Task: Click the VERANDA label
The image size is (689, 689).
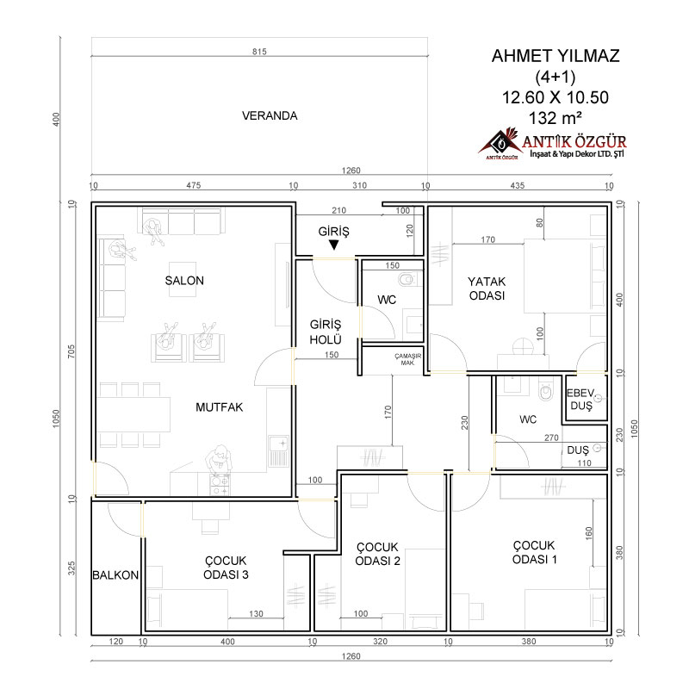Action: click(x=270, y=115)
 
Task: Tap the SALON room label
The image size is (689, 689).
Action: click(x=184, y=281)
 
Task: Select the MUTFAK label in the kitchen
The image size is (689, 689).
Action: click(x=220, y=407)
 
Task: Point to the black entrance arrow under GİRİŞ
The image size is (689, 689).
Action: click(x=334, y=245)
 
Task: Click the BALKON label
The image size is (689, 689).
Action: click(x=115, y=575)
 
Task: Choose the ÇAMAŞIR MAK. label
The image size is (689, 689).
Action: click(x=407, y=359)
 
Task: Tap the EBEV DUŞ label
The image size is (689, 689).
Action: click(x=580, y=399)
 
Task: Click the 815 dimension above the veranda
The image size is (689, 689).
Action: click(x=259, y=52)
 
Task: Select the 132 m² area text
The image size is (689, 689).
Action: click(x=556, y=118)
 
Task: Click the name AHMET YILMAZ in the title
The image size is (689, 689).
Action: click(x=556, y=56)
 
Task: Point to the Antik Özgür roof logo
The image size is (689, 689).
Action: click(x=500, y=143)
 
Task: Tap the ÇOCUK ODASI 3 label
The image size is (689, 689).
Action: click(x=226, y=568)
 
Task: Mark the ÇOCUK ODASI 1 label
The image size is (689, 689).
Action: click(x=534, y=552)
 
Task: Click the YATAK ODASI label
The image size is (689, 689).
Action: click(x=487, y=289)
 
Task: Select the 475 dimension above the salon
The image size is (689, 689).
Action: click(x=193, y=185)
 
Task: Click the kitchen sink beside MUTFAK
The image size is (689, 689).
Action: click(x=278, y=450)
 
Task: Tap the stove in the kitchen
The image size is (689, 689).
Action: click(x=220, y=484)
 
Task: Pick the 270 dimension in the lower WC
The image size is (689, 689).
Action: click(x=551, y=438)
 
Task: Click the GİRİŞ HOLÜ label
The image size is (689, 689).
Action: click(x=326, y=332)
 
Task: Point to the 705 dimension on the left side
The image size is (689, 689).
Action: click(x=71, y=351)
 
